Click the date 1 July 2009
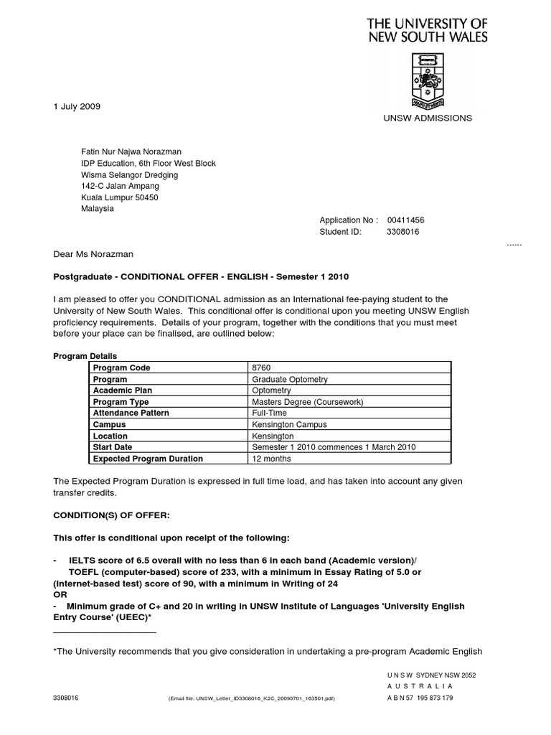pyautogui.click(x=77, y=106)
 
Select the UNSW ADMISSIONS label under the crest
pyautogui.click(x=428, y=118)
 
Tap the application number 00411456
pyautogui.click(x=410, y=220)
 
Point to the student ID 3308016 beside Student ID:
pyautogui.click(x=403, y=232)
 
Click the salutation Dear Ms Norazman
pyautogui.click(x=93, y=254)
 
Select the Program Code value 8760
pyautogui.click(x=260, y=368)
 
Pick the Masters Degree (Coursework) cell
pyautogui.click(x=308, y=402)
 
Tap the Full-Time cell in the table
pyautogui.click(x=269, y=413)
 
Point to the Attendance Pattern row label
pyautogui.click(x=131, y=413)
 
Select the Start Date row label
pyautogui.click(x=113, y=447)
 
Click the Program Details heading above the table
pyautogui.click(x=85, y=357)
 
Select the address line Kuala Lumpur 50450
pyautogui.click(x=120, y=197)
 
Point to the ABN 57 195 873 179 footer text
pyautogui.click(x=420, y=697)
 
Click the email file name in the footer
pyautogui.click(x=251, y=698)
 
